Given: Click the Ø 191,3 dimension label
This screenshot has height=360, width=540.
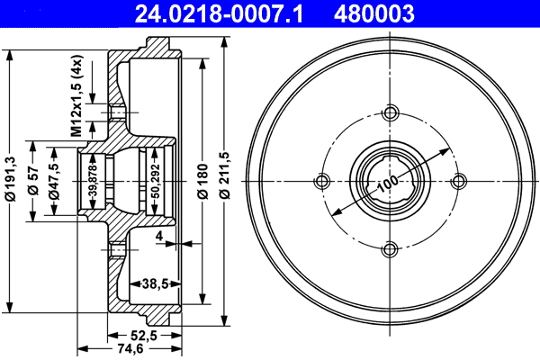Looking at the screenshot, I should (x=10, y=180).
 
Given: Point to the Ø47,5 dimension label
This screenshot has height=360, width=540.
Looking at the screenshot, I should (x=55, y=180).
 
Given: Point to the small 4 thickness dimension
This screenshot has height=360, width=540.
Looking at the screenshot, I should (x=157, y=237).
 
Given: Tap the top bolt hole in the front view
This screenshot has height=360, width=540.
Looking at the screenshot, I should (x=391, y=112).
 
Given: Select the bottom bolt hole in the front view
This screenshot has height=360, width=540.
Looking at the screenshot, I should (x=391, y=249).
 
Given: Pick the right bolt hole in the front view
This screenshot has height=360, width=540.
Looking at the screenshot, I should (x=459, y=180).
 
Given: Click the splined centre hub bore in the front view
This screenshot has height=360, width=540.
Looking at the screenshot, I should (x=391, y=180).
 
